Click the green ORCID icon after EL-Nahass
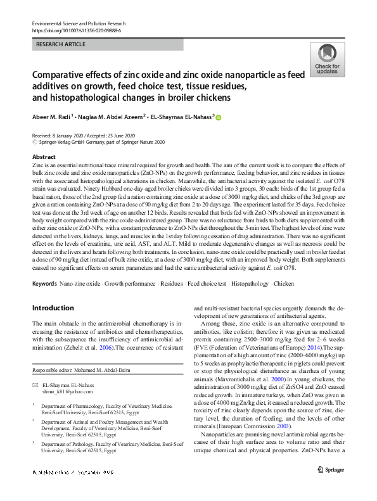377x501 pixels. (x=219, y=117)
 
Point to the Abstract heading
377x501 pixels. (x=44, y=156)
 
